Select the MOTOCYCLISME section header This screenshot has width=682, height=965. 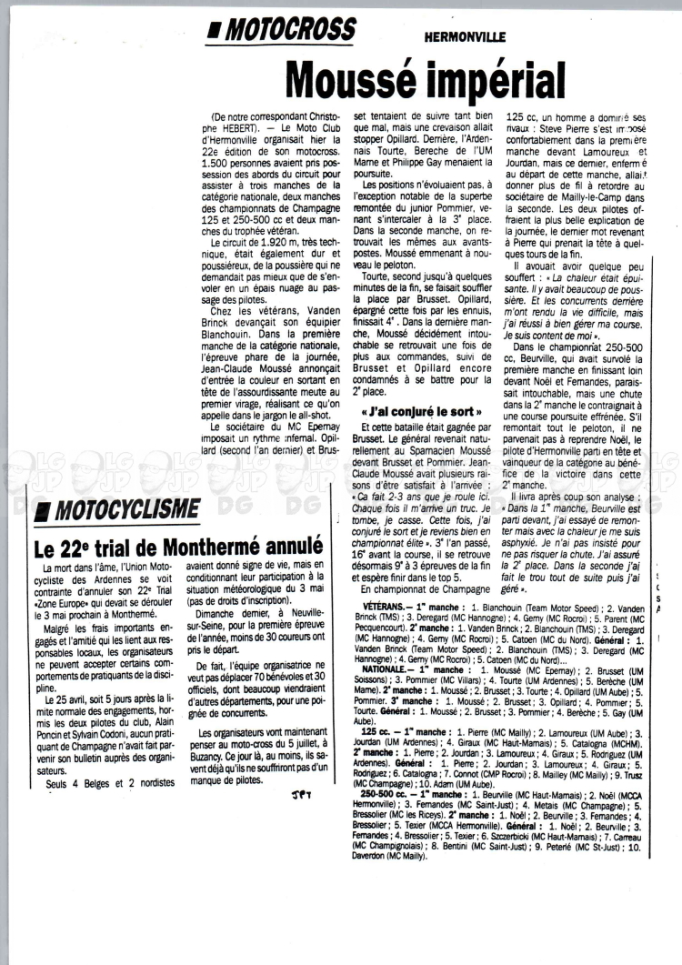tap(127, 507)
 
